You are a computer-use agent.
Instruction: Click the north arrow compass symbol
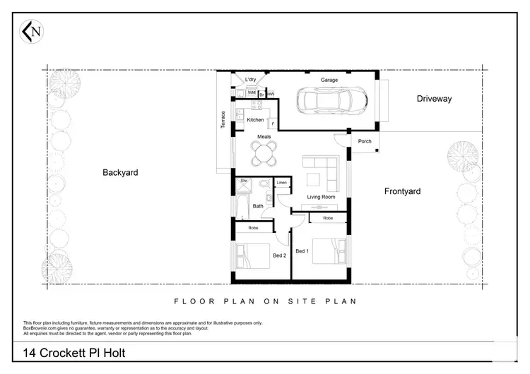[x=30, y=31]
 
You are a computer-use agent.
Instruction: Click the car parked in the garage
[x=330, y=102]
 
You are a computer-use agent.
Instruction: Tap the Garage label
[x=329, y=80]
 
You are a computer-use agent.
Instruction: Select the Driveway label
[x=433, y=99]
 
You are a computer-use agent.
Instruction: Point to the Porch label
[x=365, y=141]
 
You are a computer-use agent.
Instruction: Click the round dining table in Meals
[x=265, y=152]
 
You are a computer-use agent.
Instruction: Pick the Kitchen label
[x=255, y=120]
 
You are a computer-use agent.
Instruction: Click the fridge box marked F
[x=272, y=124]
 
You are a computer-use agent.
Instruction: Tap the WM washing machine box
[x=251, y=93]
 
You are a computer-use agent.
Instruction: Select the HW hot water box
[x=271, y=94]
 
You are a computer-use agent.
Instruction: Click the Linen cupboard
[x=282, y=183]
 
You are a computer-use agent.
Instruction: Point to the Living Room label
[x=320, y=197]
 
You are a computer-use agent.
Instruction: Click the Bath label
[x=258, y=206]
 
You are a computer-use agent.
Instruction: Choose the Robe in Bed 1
[x=328, y=219]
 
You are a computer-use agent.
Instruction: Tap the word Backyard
[x=120, y=172]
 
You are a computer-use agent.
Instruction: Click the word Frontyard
[x=402, y=191]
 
